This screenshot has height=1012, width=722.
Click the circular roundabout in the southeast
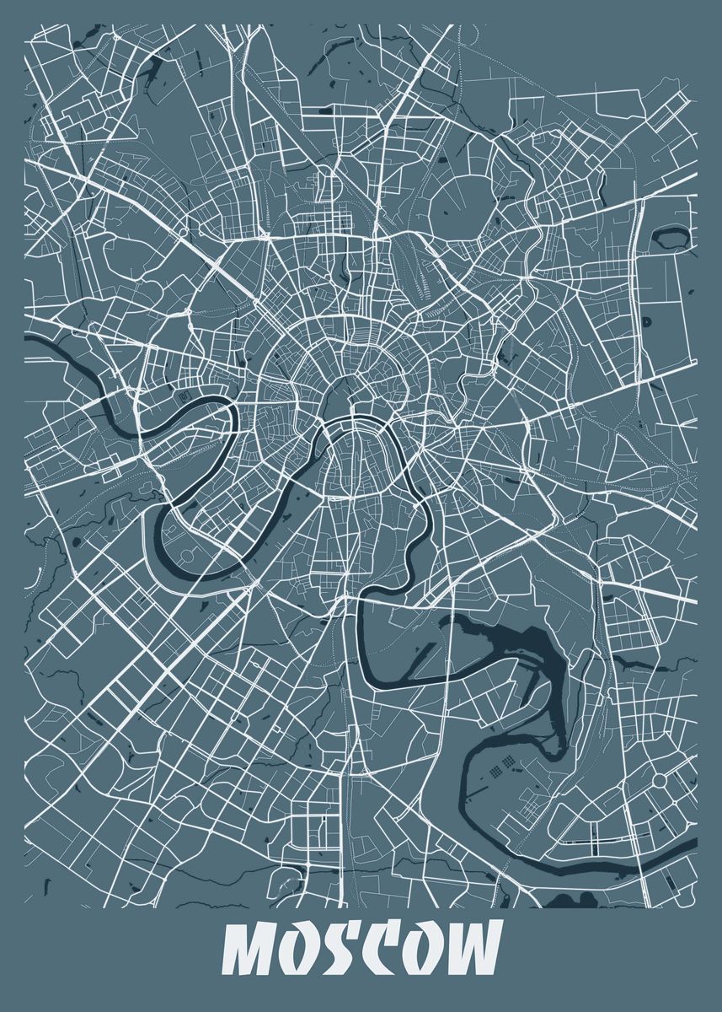(x=659, y=782)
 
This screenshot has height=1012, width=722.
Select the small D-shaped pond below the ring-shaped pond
(x=647, y=321)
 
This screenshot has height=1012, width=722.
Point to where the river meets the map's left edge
(x=28, y=340)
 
